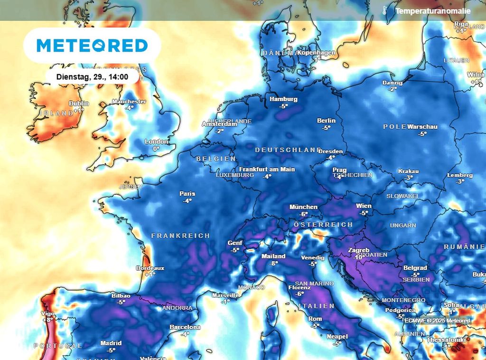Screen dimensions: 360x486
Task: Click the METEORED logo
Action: point(92,46)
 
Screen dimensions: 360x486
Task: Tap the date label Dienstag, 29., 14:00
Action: point(92,76)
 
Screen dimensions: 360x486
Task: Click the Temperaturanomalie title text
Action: point(433,11)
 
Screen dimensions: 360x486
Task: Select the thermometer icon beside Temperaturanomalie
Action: point(384,10)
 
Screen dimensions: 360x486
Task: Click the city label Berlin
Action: point(326,121)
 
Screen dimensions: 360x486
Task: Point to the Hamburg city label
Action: point(283,99)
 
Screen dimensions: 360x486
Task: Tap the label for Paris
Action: point(187,194)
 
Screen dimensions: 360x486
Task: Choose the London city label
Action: point(156,142)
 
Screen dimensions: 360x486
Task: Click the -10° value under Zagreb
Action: point(357,257)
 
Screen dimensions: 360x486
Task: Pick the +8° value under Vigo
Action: point(48,320)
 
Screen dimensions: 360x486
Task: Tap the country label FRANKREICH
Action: point(180,236)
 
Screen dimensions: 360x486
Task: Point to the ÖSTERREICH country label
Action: point(323,224)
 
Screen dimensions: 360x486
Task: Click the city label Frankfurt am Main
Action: point(267,169)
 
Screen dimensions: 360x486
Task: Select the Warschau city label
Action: point(422,127)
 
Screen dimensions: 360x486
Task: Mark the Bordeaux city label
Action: point(150,268)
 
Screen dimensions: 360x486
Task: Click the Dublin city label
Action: point(79,104)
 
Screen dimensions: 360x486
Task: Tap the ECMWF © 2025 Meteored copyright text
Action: point(437,321)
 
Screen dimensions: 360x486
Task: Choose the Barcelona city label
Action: point(185,327)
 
